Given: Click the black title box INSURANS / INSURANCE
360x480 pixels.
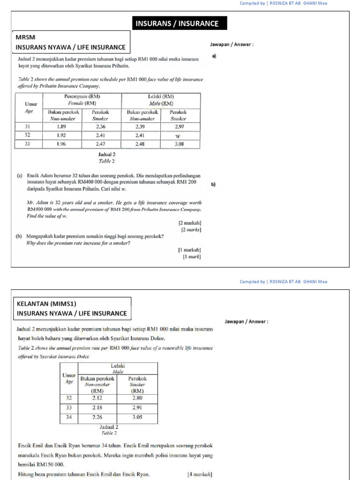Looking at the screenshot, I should tap(177, 23).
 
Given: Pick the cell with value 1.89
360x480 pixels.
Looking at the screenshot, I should tap(61, 127).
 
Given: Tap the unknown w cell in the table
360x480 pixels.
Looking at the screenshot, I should tap(178, 135).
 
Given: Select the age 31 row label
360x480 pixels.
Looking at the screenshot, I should tap(27, 127).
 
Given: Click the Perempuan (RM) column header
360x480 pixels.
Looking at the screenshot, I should tap(82, 97).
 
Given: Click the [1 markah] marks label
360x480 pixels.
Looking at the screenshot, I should tap(189, 250).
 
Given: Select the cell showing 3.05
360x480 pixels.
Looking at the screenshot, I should tap(137, 417).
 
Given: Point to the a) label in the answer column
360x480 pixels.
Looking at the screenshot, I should tap(214, 56).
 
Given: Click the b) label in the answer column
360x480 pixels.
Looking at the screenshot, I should tap(213, 185).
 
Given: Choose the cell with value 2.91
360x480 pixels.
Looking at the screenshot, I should tap(137, 407).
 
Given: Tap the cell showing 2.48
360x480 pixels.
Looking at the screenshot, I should tap(140, 144).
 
